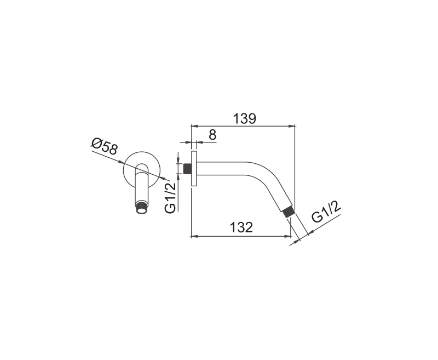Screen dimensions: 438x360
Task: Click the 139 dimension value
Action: pyautogui.click(x=244, y=119)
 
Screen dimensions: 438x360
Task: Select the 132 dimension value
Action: pyautogui.click(x=241, y=227)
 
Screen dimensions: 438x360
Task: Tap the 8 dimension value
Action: pyautogui.click(x=212, y=135)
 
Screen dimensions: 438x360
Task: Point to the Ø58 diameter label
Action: pyautogui.click(x=104, y=147)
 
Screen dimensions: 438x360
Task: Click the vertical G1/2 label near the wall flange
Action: pyautogui.click(x=170, y=197)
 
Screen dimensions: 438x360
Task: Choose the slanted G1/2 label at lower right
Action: pyautogui.click(x=326, y=212)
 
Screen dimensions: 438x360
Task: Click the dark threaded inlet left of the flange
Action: pyautogui.click(x=187, y=169)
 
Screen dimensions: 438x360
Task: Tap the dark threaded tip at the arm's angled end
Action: pyautogui.click(x=288, y=212)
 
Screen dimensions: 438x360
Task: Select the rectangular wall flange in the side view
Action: pyautogui.click(x=194, y=169)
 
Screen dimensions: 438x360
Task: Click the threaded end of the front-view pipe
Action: pyautogui.click(x=142, y=209)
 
